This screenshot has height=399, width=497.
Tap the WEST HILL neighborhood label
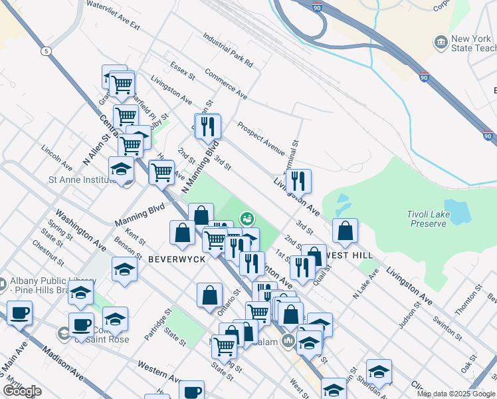point(348,255)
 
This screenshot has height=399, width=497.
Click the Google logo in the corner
point(22,391)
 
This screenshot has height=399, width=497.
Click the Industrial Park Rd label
point(228,51)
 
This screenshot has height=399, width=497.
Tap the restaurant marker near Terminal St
point(298,180)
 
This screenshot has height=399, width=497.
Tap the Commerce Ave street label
point(225,83)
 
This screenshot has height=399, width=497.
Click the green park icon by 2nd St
point(247,217)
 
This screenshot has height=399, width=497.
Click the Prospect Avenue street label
point(260,135)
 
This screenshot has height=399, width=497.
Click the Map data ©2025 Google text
point(455,394)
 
